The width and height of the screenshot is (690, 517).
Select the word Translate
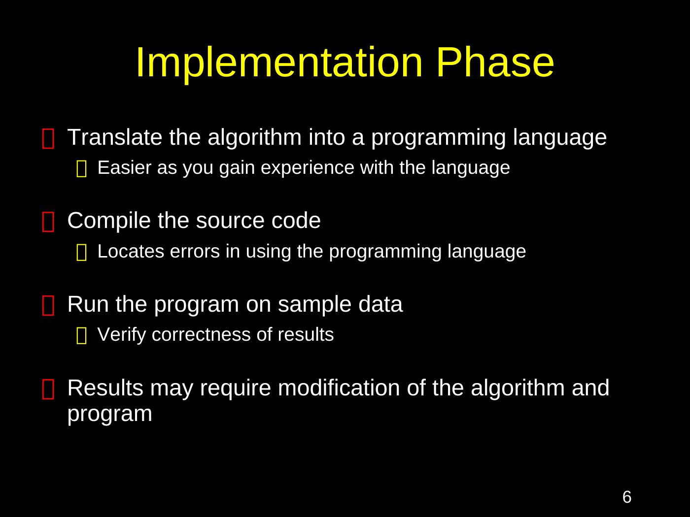click(115, 137)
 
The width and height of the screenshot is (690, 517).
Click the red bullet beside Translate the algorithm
click(48, 138)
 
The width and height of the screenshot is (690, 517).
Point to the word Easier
click(125, 167)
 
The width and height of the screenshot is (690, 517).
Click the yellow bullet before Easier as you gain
click(82, 168)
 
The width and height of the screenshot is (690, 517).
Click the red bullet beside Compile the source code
click(48, 222)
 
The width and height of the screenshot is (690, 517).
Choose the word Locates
click(131, 252)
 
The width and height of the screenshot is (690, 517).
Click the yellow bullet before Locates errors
click(82, 253)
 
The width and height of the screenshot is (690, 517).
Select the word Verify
click(122, 335)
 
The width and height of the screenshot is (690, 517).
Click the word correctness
click(201, 335)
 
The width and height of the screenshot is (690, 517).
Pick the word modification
click(339, 388)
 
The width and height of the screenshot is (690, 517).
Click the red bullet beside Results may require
click(48, 389)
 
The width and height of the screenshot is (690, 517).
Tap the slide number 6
click(627, 497)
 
